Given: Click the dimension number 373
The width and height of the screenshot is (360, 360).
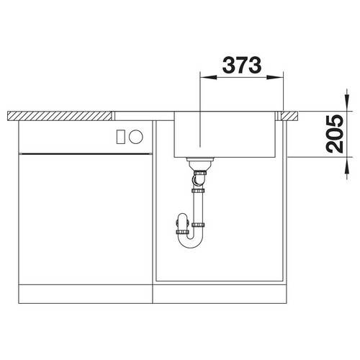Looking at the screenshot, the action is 242,66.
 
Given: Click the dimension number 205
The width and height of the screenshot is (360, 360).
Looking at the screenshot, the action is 335,134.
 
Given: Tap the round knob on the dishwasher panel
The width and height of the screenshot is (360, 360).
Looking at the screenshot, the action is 136,137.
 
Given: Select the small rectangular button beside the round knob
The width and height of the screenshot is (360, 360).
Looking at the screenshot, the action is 120,137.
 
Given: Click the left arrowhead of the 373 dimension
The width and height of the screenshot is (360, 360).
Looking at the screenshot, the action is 208,77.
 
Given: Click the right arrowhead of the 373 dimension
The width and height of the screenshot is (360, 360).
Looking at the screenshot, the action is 275,77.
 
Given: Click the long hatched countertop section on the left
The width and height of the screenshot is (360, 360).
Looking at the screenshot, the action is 60,116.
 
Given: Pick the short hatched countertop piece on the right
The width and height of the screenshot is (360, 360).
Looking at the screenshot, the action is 290,116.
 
